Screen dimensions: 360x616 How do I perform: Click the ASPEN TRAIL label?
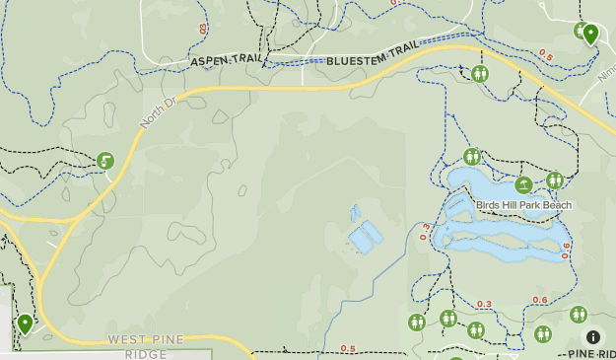(x=226, y=61)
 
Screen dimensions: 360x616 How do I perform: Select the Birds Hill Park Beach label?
(x=523, y=205)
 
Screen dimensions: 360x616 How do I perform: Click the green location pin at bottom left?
(x=25, y=324)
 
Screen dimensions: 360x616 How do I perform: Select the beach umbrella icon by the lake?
(x=523, y=183)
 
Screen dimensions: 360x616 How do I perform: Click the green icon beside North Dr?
(x=105, y=161)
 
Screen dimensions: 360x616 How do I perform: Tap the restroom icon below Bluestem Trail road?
(x=480, y=74)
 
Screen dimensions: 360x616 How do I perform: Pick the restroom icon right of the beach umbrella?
(x=555, y=180)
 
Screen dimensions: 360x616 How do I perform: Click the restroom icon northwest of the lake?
(x=472, y=157)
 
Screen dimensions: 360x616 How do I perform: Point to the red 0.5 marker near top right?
(x=546, y=54)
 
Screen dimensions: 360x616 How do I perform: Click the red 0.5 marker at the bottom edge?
(x=348, y=348)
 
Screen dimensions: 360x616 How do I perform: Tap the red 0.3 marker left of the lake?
(x=426, y=232)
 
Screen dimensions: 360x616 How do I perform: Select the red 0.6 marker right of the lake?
(x=566, y=251)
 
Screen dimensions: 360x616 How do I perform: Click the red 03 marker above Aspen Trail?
(x=204, y=30)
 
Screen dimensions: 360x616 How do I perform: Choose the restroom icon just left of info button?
(x=579, y=315)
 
